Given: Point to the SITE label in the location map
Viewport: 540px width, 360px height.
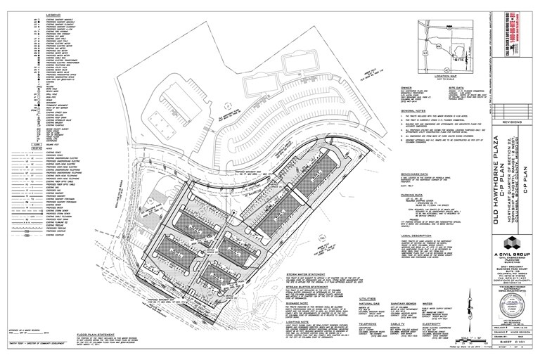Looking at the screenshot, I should coord(461,61).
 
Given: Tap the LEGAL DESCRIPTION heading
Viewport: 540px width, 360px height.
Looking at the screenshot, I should coord(417,234).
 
